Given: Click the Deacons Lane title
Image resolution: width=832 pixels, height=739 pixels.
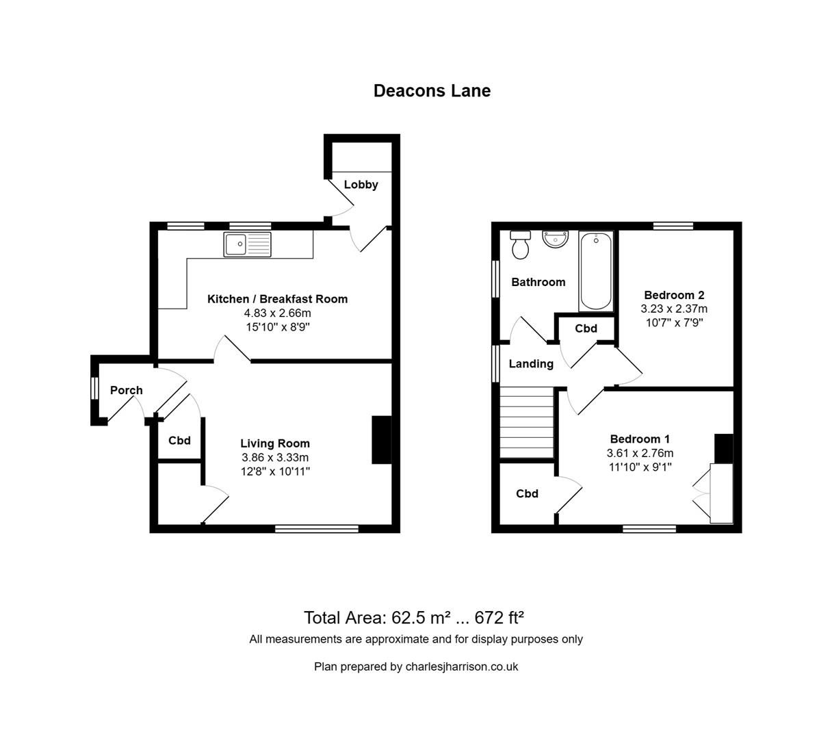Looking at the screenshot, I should [432, 91].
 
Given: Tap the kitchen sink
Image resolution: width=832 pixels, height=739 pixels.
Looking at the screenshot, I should [247, 244].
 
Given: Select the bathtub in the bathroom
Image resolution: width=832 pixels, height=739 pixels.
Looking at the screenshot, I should [596, 272].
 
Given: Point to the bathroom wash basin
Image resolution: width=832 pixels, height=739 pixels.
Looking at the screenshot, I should [555, 239].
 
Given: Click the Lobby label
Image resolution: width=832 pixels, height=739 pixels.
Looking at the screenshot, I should [361, 185].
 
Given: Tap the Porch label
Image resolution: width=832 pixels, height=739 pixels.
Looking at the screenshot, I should [127, 390].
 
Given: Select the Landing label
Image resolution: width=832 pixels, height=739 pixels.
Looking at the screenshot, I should [531, 364].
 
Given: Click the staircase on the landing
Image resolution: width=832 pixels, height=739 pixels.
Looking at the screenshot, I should [526, 422].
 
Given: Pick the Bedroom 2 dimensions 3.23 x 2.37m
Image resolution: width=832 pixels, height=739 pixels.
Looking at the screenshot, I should [674, 309].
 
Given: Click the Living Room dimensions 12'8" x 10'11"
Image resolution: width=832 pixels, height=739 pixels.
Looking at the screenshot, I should [275, 471].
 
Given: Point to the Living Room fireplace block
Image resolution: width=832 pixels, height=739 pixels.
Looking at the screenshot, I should [380, 440].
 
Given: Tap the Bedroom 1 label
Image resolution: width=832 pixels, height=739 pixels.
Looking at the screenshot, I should [640, 439].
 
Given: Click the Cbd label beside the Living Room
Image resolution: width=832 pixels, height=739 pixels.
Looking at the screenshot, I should [179, 441].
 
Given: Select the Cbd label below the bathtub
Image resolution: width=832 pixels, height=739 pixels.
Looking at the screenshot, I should [586, 328].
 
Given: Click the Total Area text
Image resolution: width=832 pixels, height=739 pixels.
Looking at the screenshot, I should [414, 618].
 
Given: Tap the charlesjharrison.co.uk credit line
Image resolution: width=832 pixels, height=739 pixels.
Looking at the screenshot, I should [416, 666].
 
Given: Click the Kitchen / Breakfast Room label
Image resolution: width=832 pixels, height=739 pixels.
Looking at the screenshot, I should [277, 299].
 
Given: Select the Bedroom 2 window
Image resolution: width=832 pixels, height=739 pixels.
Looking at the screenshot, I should [673, 226].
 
